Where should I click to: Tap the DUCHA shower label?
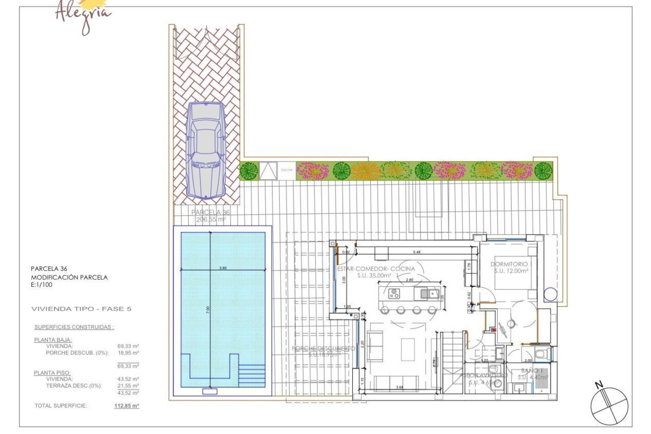click(x=287, y=170)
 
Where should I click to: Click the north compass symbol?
click(x=609, y=406)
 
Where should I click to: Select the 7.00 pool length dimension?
click(x=208, y=310)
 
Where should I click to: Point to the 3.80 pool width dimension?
click(x=223, y=268)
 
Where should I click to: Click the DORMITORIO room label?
click(x=509, y=264)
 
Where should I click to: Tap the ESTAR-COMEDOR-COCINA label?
click(x=376, y=269)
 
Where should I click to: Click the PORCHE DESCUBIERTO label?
click(x=323, y=348)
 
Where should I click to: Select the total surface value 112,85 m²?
click(x=126, y=406)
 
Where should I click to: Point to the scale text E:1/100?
click(x=41, y=285)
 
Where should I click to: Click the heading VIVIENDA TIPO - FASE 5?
click(x=81, y=309)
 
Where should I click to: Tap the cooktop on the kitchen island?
click(x=394, y=293)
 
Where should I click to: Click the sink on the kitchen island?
click(x=429, y=293)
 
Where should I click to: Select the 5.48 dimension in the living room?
click(x=416, y=252)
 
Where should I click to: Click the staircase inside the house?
click(x=453, y=363)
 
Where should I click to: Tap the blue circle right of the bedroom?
click(x=550, y=294)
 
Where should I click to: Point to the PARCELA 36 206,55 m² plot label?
click(x=210, y=216)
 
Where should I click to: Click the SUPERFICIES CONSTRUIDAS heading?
click(x=74, y=327)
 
